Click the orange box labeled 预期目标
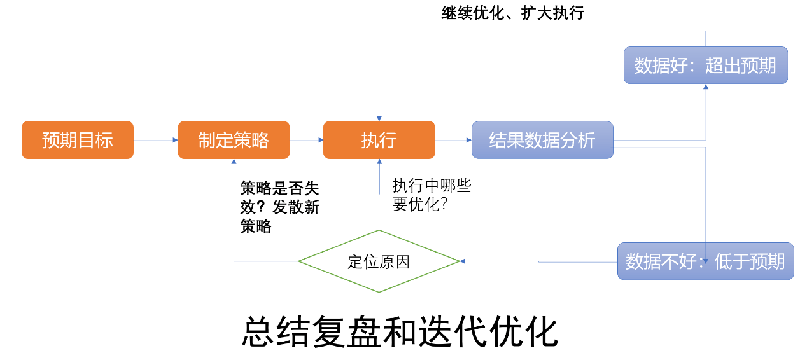(x=78, y=140)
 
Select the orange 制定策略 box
(x=234, y=140)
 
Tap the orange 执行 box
(x=379, y=140)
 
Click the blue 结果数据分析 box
(x=542, y=140)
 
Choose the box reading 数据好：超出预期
(x=705, y=65)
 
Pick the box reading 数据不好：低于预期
(x=705, y=261)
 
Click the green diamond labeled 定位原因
(x=379, y=261)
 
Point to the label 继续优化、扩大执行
(x=512, y=13)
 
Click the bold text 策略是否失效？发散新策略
(x=279, y=207)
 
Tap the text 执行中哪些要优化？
(x=432, y=195)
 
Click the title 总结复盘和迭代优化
(x=400, y=331)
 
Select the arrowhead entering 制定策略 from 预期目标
(x=175, y=140)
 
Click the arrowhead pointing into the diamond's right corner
(x=463, y=261)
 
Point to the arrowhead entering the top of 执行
(x=379, y=118)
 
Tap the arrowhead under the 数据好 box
(x=705, y=87)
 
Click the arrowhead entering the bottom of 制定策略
(x=234, y=162)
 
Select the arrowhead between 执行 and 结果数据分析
(x=468, y=140)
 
